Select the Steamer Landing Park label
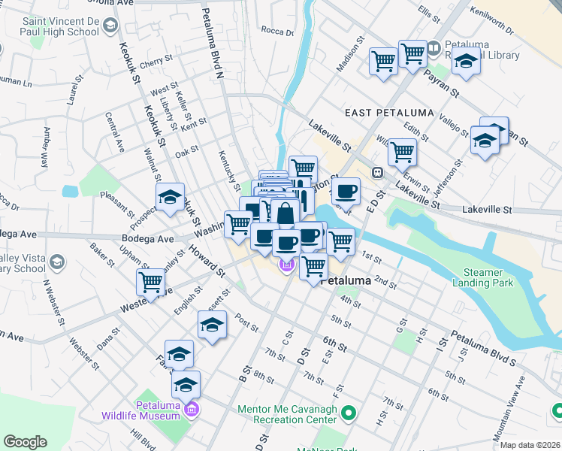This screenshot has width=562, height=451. coord(482,277)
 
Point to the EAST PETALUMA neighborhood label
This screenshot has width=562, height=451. coord(389,113)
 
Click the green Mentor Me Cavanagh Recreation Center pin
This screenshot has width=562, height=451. coord(348,413)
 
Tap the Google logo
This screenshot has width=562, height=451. coord(25,442)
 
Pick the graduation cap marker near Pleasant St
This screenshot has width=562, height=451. coord(171,197)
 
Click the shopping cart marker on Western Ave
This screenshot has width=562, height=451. coord(151,283)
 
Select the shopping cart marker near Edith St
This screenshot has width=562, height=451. coord(402,152)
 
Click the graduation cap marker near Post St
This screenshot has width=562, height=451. coord(212,325)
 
